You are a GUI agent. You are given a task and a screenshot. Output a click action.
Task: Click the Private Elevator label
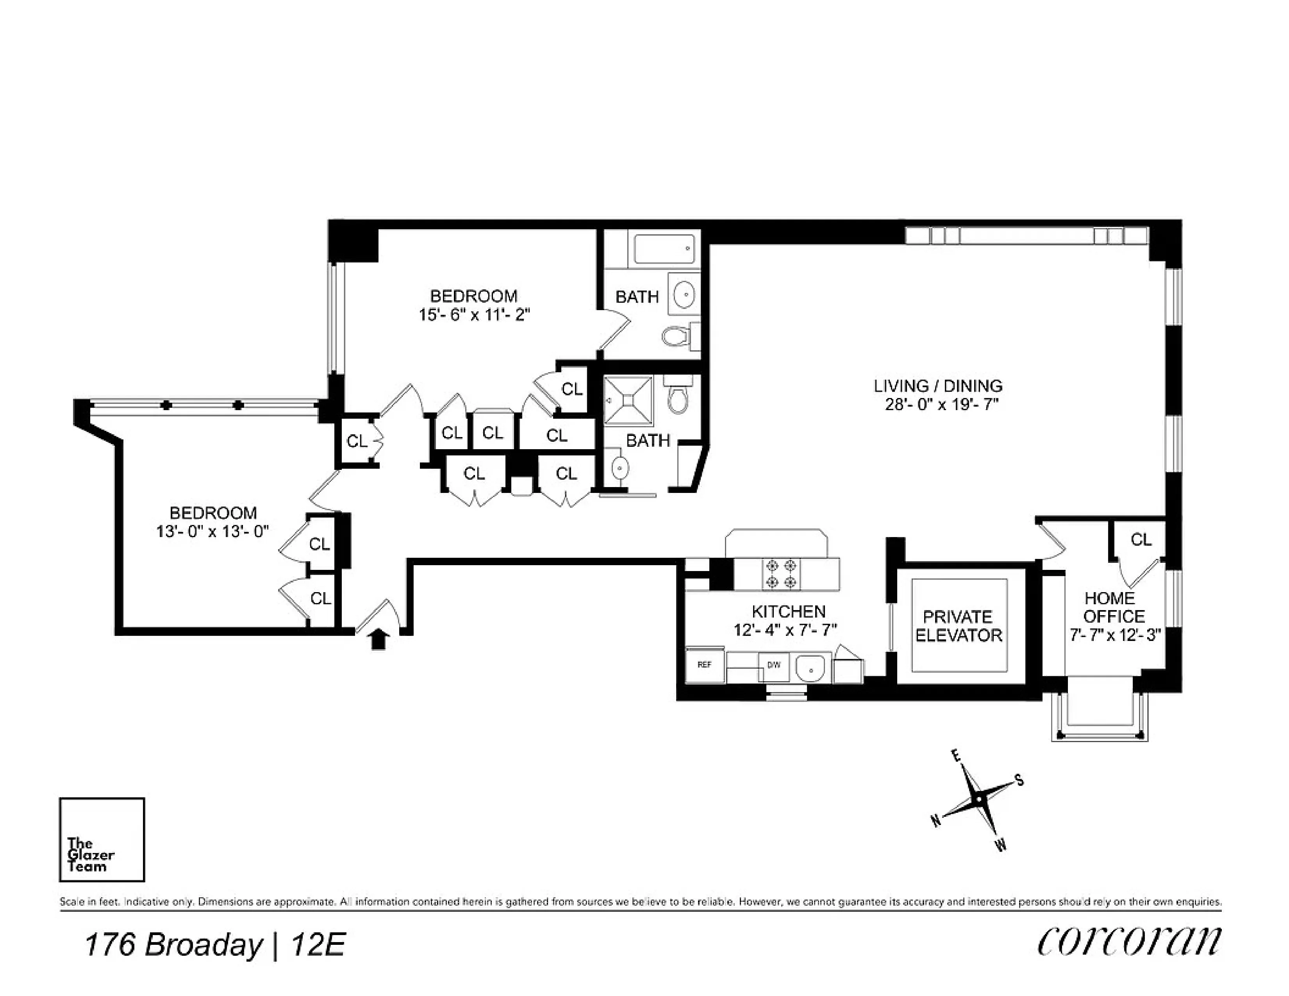pyautogui.click(x=959, y=626)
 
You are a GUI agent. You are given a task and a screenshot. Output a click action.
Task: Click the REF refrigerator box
pyautogui.click(x=705, y=665)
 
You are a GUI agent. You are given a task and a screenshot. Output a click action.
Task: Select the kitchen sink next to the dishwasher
pyautogui.click(x=813, y=669)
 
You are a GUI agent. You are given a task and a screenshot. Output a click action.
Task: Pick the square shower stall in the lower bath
pyautogui.click(x=628, y=401)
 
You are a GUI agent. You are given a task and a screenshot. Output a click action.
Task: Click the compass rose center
pyautogui.click(x=978, y=800)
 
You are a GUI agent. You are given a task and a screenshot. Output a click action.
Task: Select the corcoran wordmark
pyautogui.click(x=1128, y=942)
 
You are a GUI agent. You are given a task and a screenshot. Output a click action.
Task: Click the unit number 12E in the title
pyautogui.click(x=318, y=945)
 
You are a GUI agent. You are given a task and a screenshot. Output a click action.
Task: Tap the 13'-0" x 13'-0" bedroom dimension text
pyautogui.click(x=212, y=532)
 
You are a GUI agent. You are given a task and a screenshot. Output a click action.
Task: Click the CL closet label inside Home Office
pyautogui.click(x=1141, y=539)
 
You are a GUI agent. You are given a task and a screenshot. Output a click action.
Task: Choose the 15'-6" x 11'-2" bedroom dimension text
pyautogui.click(x=474, y=315)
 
